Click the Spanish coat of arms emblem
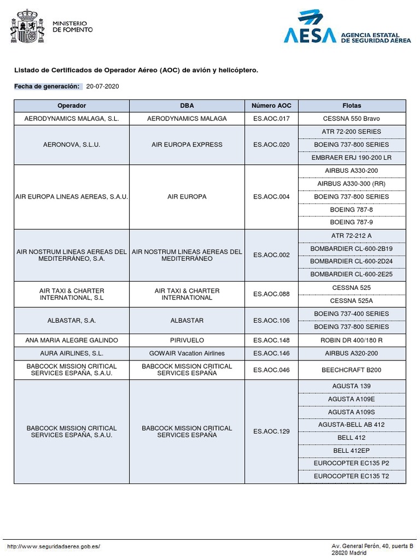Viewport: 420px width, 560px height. point(27,26)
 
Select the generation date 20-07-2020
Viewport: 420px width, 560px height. point(103,86)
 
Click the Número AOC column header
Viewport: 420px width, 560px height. point(271,106)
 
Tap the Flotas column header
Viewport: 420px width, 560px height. point(352,106)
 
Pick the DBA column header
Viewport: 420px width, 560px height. point(187,106)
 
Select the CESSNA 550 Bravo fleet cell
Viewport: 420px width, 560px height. point(352,119)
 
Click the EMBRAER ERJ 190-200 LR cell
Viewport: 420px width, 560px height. point(352,157)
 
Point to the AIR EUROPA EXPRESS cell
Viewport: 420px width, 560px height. point(187,145)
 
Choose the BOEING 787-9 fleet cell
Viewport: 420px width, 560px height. point(352,223)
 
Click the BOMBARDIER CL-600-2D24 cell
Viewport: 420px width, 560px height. point(352,261)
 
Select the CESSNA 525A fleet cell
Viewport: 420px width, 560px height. point(352,301)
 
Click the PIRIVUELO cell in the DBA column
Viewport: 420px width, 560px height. point(187,340)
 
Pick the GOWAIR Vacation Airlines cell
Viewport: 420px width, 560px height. point(187,353)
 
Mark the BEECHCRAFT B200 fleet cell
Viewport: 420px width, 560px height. point(352,370)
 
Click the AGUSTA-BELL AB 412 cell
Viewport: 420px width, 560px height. point(352,424)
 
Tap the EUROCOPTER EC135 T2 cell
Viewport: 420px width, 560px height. point(352,476)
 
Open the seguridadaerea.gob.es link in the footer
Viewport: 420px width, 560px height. point(54,546)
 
